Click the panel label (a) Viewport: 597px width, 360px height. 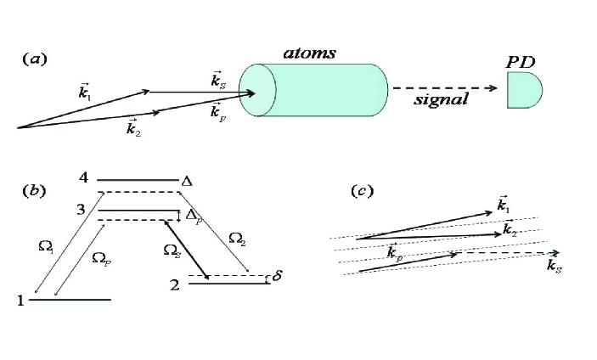tap(35, 59)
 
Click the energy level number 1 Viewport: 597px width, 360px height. tap(23, 300)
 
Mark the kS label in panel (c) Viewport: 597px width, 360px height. tap(554, 267)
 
